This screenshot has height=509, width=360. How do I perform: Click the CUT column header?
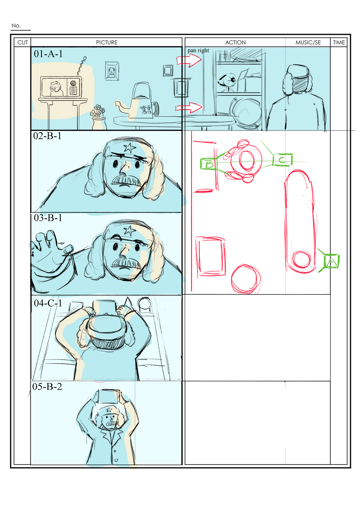click(x=22, y=43)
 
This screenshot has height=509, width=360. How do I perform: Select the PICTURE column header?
click(x=106, y=43)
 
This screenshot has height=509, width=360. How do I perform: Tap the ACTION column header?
click(x=235, y=43)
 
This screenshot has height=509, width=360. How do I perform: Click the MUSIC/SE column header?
click(x=308, y=43)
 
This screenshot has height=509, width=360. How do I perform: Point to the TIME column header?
click(x=339, y=43)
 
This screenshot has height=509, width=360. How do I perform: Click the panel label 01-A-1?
click(x=48, y=54)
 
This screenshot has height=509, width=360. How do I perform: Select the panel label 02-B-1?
click(x=47, y=136)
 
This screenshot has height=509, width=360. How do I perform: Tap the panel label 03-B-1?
click(x=48, y=218)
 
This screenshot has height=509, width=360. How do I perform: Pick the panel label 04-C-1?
click(x=48, y=303)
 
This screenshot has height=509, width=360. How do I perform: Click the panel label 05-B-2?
click(x=47, y=387)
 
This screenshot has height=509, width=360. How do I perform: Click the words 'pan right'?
click(x=198, y=50)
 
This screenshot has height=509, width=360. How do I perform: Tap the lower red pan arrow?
click(x=189, y=107)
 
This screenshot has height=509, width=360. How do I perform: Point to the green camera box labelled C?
click(x=282, y=160)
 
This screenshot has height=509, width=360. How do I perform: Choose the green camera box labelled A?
click(x=331, y=261)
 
